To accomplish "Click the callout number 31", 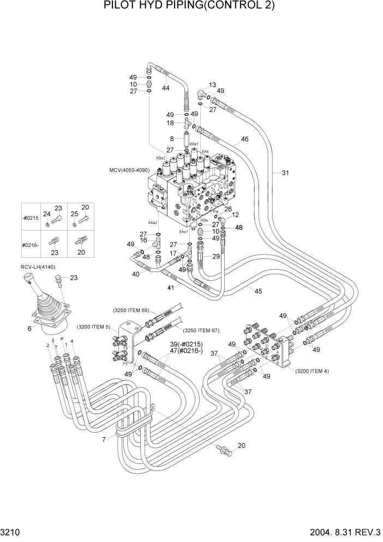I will (285, 173).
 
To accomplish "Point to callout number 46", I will (244, 139).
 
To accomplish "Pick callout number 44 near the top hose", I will (166, 87).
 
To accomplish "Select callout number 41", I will (170, 287).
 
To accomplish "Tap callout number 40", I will (136, 274).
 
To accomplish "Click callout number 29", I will (216, 256).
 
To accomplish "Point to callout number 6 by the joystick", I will (29, 328).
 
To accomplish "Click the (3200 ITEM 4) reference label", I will (312, 372).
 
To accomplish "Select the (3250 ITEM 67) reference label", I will (201, 330).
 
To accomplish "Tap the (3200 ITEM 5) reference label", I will (93, 327).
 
